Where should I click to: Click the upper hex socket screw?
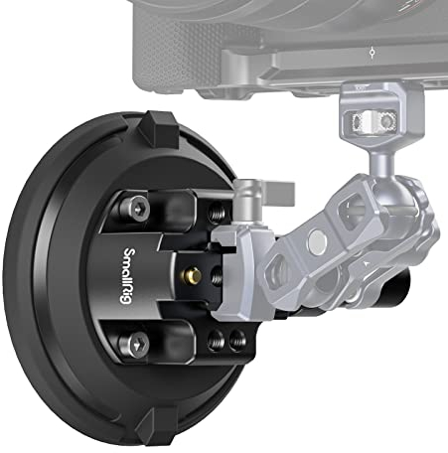pyautogui.click(x=136, y=208)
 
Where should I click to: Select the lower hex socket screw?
pyautogui.click(x=134, y=344)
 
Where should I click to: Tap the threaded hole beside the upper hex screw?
pyautogui.click(x=218, y=212)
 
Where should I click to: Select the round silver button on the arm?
pyautogui.click(x=316, y=240)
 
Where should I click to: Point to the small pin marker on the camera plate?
pyautogui.click(x=370, y=49)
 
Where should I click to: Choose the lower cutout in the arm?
pyautogui.click(x=280, y=268)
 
